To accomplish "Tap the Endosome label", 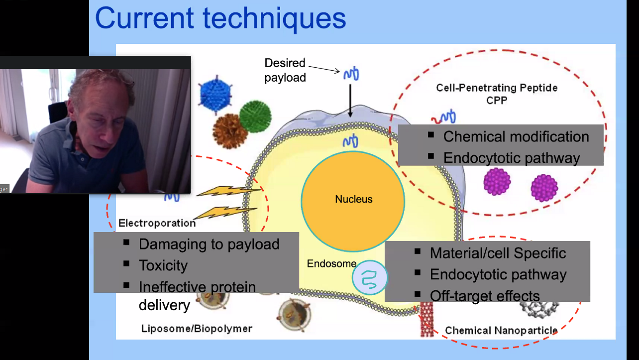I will pyautogui.click(x=331, y=263).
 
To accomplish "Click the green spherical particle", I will pyautogui.click(x=255, y=117).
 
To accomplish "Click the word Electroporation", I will pyautogui.click(x=157, y=223).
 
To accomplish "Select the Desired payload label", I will pyautogui.click(x=285, y=70).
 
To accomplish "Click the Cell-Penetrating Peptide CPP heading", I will pyautogui.click(x=497, y=93).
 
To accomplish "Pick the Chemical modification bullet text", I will pyautogui.click(x=516, y=136).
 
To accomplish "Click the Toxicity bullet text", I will pyautogui.click(x=163, y=265).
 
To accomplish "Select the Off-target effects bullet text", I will pyautogui.click(x=485, y=296).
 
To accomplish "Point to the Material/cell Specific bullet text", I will pyautogui.click(x=498, y=253).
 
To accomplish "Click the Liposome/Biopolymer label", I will pyautogui.click(x=197, y=329).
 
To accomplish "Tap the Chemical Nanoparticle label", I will pyautogui.click(x=501, y=331).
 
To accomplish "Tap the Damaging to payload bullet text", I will pyautogui.click(x=209, y=244).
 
